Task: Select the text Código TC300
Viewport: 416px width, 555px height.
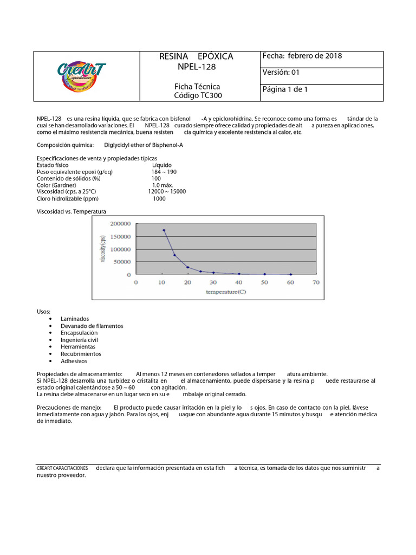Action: (x=197, y=95)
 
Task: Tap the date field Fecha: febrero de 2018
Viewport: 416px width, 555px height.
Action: (x=302, y=56)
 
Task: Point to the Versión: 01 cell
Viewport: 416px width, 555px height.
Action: (x=281, y=73)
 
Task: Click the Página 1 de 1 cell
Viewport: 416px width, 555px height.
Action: (x=285, y=89)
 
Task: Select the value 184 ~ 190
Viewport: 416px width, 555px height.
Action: (x=164, y=172)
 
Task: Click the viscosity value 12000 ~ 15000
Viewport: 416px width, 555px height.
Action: (x=167, y=191)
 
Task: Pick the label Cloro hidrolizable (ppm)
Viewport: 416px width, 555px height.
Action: (x=68, y=198)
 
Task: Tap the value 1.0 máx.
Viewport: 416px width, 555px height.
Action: (x=162, y=185)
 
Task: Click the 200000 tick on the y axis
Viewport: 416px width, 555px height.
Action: (x=120, y=223)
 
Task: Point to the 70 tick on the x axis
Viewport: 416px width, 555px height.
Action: (x=316, y=282)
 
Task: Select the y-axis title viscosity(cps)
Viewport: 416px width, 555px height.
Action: (x=103, y=249)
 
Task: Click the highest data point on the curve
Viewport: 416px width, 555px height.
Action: (x=164, y=230)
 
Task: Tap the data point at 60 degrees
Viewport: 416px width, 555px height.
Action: (x=291, y=274)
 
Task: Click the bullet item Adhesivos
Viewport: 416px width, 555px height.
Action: (x=74, y=361)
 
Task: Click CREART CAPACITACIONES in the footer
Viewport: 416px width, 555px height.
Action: (x=62, y=468)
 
